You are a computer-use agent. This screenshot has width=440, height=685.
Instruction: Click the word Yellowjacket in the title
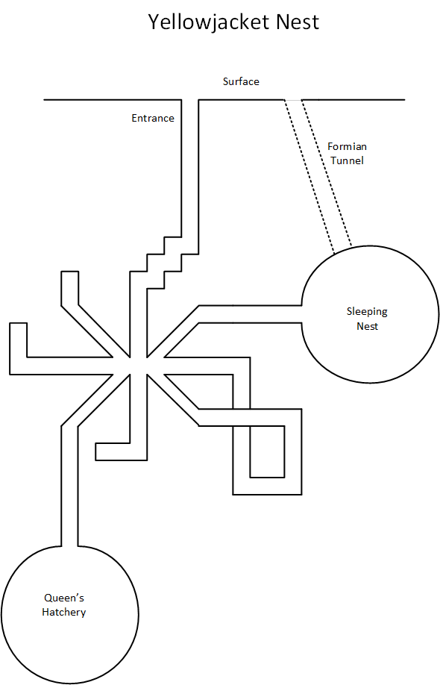point(209,22)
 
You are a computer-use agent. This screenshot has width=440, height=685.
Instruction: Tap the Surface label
point(241,81)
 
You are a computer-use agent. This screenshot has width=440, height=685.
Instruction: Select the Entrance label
point(153,118)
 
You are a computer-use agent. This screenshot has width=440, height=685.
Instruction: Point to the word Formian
point(347,146)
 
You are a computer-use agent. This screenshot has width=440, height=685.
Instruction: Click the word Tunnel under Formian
point(347,160)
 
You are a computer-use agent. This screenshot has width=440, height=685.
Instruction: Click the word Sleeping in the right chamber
point(367,312)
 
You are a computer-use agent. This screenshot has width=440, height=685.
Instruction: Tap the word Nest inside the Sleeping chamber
point(367,326)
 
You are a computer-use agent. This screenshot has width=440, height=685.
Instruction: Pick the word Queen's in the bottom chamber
point(64,598)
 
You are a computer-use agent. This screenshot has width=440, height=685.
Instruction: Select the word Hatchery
point(63,612)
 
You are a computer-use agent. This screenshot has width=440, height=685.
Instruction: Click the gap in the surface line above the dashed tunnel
point(293,100)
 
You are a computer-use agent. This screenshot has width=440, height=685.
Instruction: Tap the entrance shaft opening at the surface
point(190,100)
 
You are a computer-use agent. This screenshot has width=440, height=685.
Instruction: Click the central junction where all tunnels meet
point(139,366)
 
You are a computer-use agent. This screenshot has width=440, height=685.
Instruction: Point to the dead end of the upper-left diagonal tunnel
point(70,272)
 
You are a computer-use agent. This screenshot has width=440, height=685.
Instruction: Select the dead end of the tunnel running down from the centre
point(96,451)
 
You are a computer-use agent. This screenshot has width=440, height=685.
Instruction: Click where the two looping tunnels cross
point(242,417)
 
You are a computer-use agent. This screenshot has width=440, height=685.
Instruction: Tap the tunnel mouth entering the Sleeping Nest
point(301,314)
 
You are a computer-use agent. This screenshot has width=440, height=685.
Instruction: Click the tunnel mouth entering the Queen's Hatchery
point(69,546)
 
